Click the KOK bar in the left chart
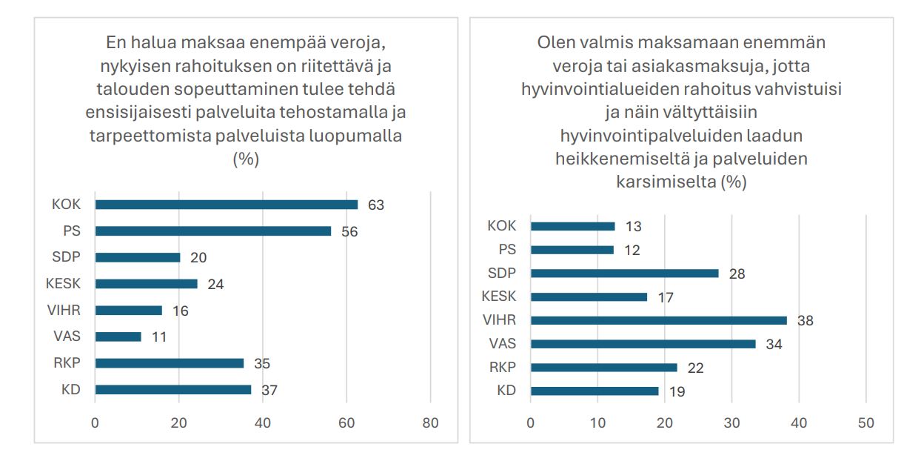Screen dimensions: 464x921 226,205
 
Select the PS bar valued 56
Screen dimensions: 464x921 212,231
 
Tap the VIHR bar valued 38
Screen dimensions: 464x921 659,321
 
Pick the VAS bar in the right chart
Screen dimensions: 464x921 643,344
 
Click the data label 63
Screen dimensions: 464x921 376,205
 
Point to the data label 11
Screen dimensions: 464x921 158,337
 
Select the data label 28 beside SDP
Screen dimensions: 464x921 736,274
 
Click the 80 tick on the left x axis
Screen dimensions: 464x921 430,423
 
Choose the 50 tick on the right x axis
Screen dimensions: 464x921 865,423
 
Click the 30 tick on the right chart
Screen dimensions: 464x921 731,423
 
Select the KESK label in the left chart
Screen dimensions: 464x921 64,284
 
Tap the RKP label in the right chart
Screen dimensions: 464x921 502,368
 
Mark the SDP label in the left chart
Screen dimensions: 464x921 68,257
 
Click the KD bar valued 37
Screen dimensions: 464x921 173,390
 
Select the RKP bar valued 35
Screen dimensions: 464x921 169,363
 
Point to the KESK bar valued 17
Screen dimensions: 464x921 589,297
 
